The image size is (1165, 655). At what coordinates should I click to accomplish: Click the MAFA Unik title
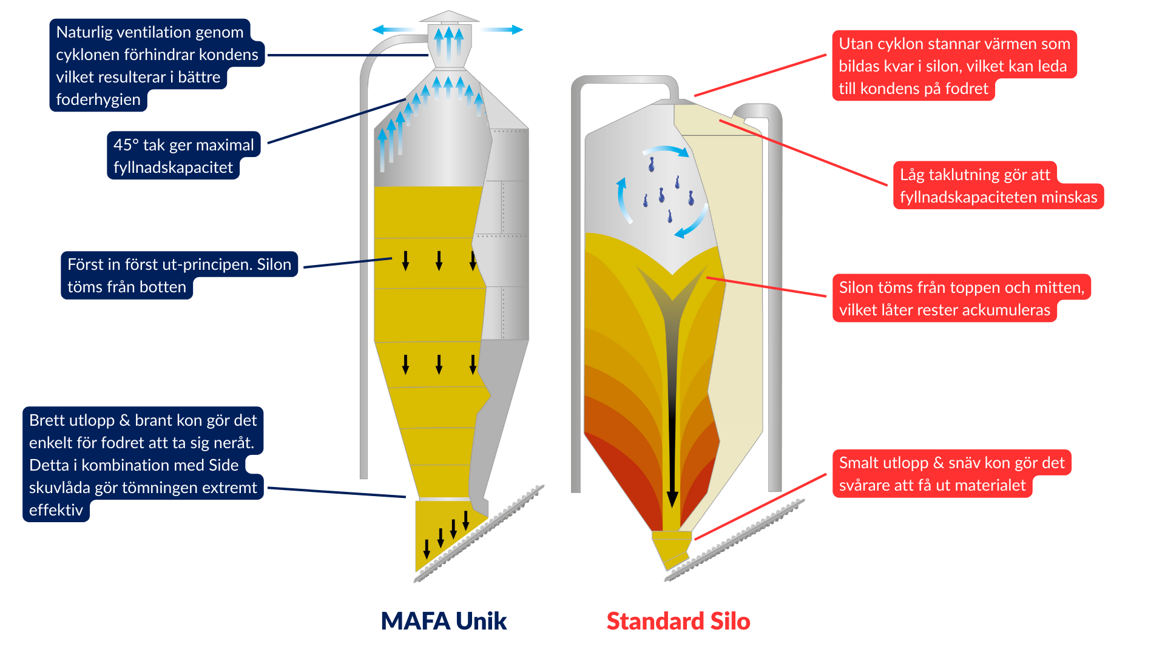(x=444, y=621)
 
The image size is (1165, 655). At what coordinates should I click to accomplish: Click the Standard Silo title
(x=678, y=621)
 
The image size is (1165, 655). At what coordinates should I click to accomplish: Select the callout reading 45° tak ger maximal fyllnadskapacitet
(x=183, y=156)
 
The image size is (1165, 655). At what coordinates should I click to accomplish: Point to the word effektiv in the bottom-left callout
(x=56, y=510)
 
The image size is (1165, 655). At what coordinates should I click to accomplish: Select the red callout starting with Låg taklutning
(x=998, y=186)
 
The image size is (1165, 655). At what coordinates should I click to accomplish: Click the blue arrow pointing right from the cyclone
(x=502, y=29)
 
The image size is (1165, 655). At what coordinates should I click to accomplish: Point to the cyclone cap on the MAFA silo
(x=449, y=18)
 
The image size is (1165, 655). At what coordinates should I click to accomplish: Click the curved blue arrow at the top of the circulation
(x=666, y=150)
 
